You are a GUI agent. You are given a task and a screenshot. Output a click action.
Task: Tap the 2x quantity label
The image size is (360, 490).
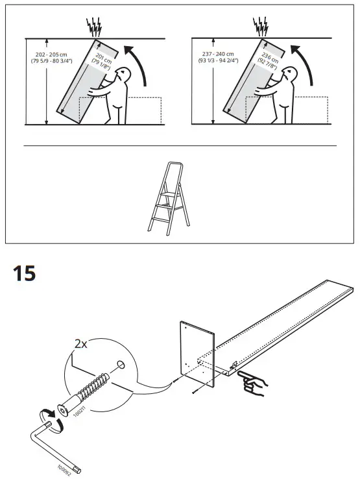tap(80, 344)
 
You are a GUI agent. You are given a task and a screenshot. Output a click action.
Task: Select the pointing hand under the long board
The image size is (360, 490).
tap(250, 384)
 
